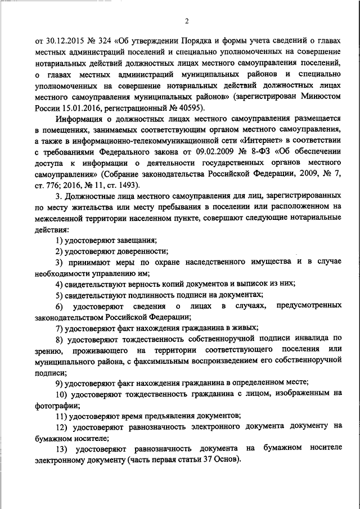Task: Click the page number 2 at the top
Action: click(x=186, y=21)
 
